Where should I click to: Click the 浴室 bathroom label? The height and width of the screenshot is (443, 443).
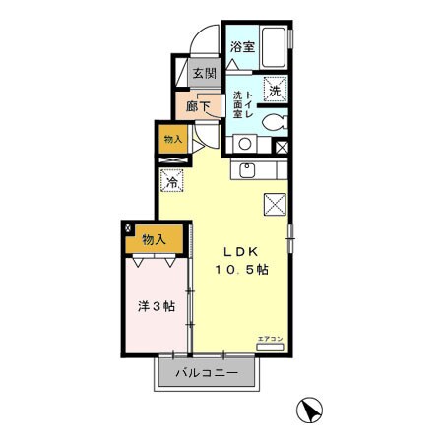click(242, 47)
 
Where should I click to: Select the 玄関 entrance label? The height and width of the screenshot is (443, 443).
click(204, 73)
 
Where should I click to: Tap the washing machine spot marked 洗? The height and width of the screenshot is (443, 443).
click(275, 87)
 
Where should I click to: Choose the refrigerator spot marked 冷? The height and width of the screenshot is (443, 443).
click(171, 182)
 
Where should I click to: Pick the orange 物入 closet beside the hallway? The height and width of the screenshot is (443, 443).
click(172, 139)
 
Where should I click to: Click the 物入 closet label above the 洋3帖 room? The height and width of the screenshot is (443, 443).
click(153, 239)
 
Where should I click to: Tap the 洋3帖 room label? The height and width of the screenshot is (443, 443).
click(156, 306)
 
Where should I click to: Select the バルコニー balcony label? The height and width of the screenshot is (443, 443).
click(207, 373)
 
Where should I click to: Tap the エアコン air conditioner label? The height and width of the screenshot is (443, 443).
click(269, 340)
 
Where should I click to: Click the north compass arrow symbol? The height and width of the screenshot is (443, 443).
click(308, 407)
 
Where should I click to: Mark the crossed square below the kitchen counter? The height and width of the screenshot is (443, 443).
click(274, 204)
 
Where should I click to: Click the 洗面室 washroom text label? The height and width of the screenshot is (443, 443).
click(238, 104)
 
